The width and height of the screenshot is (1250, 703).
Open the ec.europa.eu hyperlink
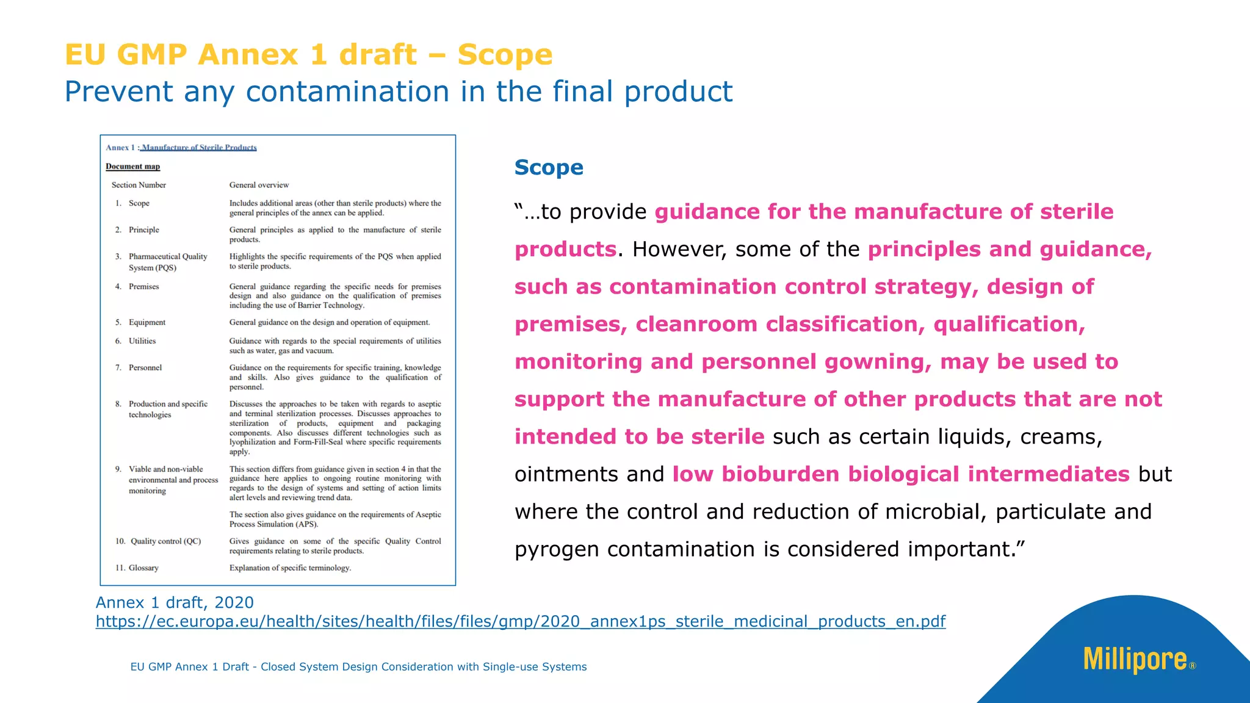[520, 621]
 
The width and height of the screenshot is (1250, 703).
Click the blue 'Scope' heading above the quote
[548, 167]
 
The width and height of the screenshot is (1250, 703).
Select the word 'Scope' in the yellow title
[505, 54]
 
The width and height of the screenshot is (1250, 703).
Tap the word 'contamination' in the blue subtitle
[348, 92]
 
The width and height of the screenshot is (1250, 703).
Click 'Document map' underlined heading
[132, 167]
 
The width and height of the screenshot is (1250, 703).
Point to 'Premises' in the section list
[143, 286]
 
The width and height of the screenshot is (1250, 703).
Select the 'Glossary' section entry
[143, 568]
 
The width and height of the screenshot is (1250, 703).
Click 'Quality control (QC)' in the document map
[165, 541]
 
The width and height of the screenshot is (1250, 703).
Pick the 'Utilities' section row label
[142, 341]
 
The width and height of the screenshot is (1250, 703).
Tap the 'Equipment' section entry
[146, 322]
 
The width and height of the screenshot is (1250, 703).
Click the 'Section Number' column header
[139, 185]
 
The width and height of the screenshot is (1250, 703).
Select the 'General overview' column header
[259, 185]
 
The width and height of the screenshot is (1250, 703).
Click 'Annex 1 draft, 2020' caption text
[175, 602]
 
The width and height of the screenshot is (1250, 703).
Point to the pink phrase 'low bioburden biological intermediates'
[900, 474]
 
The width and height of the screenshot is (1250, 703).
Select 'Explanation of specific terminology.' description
[290, 568]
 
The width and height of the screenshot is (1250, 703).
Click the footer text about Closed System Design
[358, 666]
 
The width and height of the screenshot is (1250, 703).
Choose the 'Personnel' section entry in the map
[145, 367]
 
